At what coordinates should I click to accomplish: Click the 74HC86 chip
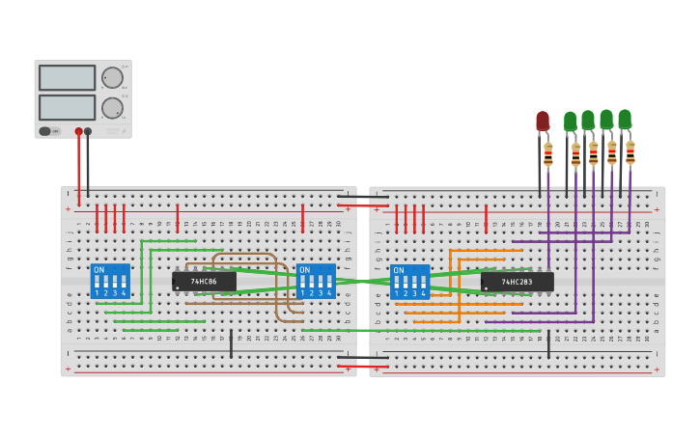coord(204,282)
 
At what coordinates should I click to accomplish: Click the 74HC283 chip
coord(517,282)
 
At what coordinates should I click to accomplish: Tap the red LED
coord(543,121)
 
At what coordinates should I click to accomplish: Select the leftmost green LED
coord(570,121)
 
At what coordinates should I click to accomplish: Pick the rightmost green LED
coord(625,119)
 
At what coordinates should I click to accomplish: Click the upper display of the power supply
coord(67,77)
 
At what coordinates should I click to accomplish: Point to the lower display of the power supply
coord(67,107)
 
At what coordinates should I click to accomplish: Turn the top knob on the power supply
coord(113,77)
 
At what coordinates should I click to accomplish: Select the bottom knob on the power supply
coord(113,107)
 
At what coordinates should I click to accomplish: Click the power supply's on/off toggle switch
coord(44,131)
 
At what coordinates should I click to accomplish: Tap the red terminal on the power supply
coord(79,131)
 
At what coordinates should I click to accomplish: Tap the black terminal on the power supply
coord(88,131)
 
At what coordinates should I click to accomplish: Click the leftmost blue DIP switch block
coord(110,281)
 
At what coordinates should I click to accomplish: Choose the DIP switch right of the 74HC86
coord(316,281)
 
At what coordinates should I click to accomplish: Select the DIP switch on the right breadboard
coord(410,282)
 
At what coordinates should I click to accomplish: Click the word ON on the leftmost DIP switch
coord(99,269)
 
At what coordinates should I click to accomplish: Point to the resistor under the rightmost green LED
coord(630,152)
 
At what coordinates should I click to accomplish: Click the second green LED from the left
coord(588,120)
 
